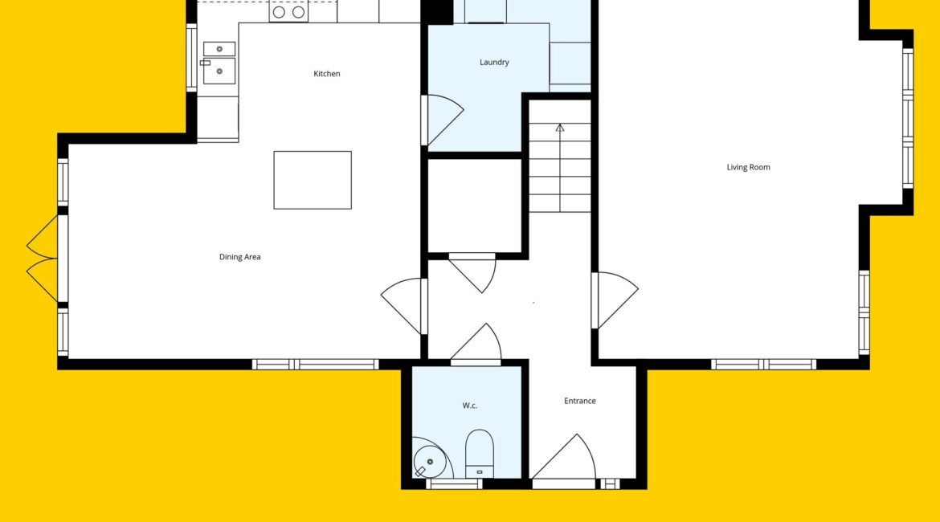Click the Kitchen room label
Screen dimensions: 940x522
point(327,74)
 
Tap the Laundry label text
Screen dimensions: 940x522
point(494,63)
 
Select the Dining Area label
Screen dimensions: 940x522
point(239,257)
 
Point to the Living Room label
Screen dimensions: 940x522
point(748,167)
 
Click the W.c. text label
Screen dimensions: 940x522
point(469,406)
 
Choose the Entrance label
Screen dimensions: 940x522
point(580,401)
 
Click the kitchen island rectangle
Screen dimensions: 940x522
point(313,181)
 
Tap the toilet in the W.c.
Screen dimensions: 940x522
point(480,454)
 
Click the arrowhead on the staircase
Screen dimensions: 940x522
point(560,128)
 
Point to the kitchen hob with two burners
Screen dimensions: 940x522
point(288,11)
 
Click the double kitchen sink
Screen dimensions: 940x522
point(219,63)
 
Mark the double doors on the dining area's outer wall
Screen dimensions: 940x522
point(43,259)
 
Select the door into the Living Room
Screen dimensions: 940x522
point(615,300)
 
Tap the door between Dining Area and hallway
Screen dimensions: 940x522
point(403,306)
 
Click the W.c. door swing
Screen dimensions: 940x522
point(476,344)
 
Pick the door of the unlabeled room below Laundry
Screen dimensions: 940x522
point(473,273)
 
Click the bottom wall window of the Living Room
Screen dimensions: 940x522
point(763,365)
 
